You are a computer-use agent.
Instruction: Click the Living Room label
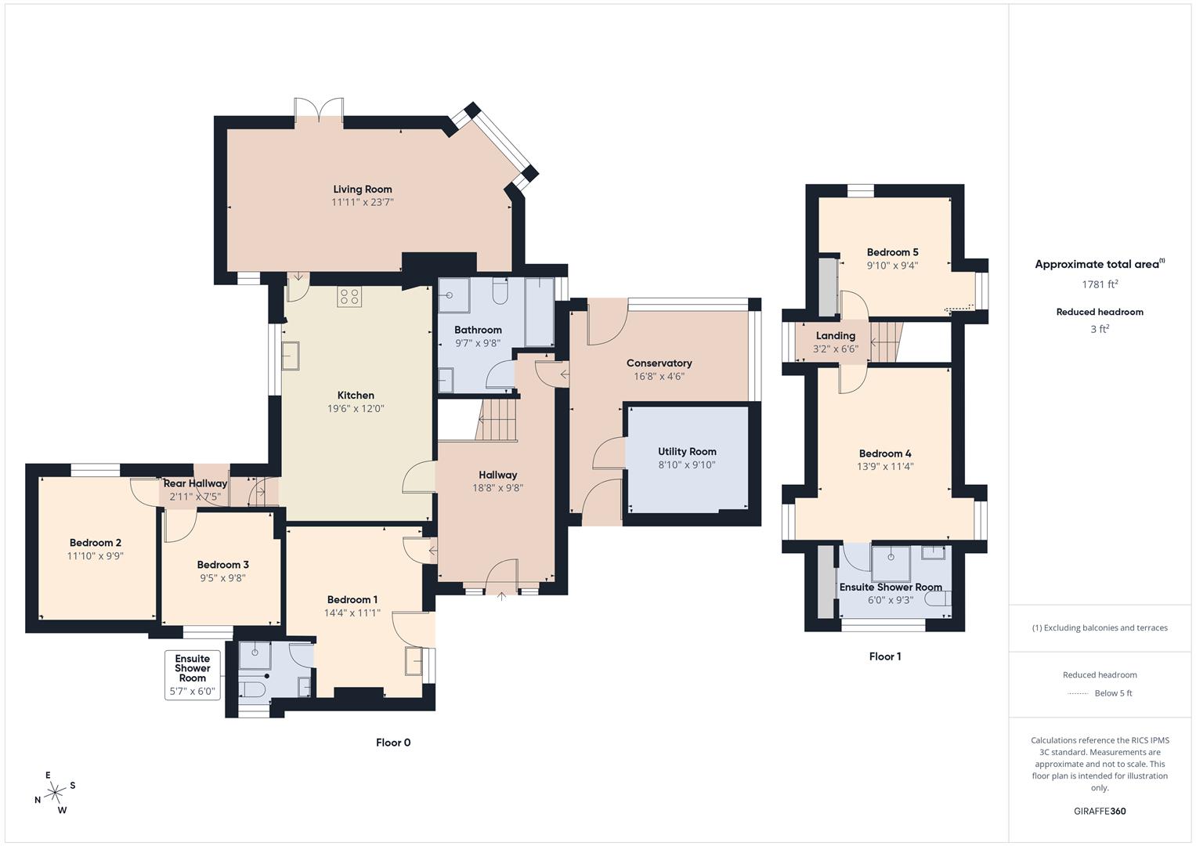[362, 189]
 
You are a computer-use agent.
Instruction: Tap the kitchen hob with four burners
[349, 297]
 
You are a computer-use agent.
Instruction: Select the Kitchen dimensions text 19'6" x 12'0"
[356, 409]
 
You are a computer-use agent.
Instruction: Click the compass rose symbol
[55, 793]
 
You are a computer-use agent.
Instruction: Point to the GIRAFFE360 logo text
[1100, 811]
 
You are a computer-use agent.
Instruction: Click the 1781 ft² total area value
[1100, 284]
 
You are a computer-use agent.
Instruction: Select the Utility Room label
[687, 451]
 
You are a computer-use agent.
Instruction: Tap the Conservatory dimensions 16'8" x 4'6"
[659, 376]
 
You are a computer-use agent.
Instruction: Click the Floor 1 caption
[884, 656]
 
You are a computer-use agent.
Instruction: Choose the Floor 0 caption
[393, 743]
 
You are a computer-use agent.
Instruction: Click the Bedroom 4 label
[885, 454]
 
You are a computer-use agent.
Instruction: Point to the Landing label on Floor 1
[835, 335]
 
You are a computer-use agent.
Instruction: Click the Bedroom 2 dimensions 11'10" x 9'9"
[96, 555]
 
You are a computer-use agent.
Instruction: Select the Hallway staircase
[497, 420]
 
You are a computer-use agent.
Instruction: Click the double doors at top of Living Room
[319, 110]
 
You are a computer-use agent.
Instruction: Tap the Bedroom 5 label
[892, 252]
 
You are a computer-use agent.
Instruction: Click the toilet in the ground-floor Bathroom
[500, 293]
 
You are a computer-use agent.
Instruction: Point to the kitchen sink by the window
[291, 355]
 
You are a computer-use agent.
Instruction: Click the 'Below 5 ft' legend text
[1113, 693]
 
